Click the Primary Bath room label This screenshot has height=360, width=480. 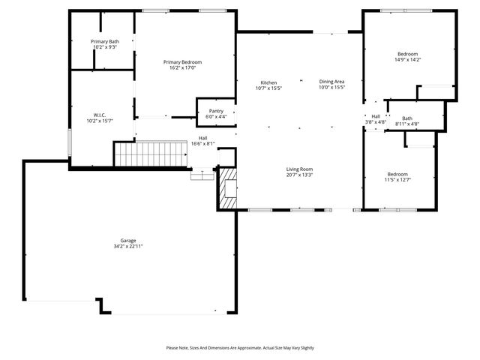pyautogui.click(x=105, y=41)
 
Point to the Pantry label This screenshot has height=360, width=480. pyautogui.click(x=216, y=111)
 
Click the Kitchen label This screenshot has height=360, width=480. pyautogui.click(x=268, y=82)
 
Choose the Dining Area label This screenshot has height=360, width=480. pyautogui.click(x=331, y=82)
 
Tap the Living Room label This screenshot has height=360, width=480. pyautogui.click(x=298, y=169)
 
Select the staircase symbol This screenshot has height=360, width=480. pyautogui.click(x=149, y=154)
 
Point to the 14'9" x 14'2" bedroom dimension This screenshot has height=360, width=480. pyautogui.click(x=407, y=60)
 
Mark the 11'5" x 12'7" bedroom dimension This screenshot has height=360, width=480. pyautogui.click(x=397, y=180)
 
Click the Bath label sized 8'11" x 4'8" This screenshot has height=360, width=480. pyautogui.click(x=406, y=118)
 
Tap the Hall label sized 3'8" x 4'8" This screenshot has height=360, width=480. pyautogui.click(x=376, y=115)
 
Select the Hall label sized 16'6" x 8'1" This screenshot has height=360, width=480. pyautogui.click(x=202, y=138)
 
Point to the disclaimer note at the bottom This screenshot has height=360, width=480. pyautogui.click(x=240, y=348)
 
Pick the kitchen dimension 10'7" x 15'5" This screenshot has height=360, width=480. pyautogui.click(x=268, y=88)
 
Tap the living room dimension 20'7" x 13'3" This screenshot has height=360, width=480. pyautogui.click(x=298, y=175)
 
